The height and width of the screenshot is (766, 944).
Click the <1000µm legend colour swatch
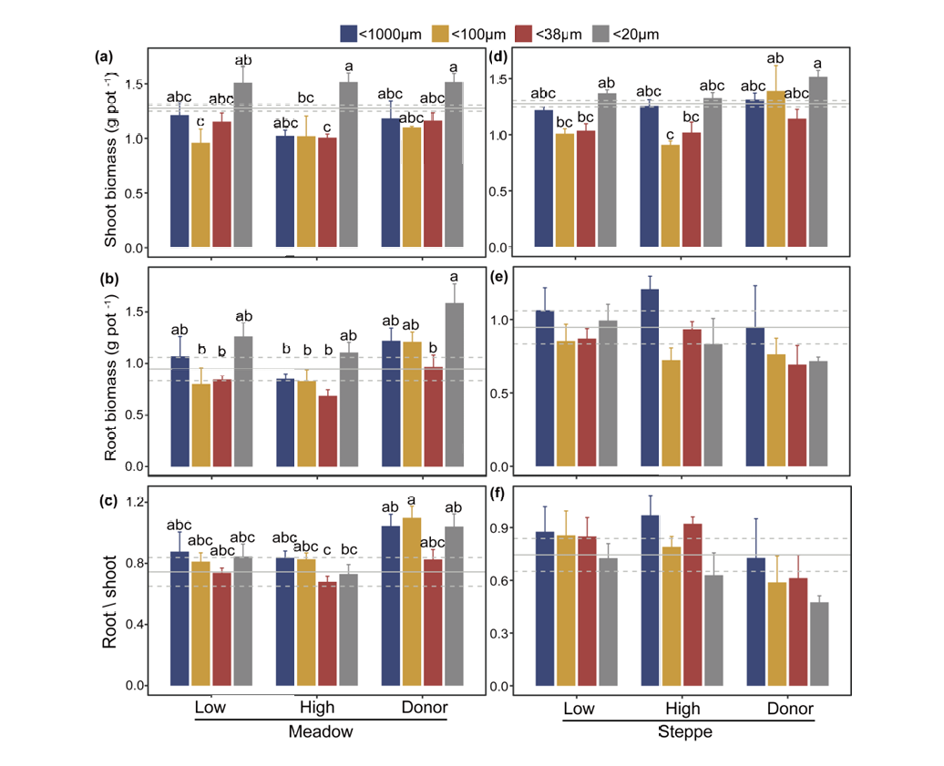pyautogui.click(x=348, y=34)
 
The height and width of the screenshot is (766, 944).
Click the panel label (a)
pyautogui.click(x=104, y=56)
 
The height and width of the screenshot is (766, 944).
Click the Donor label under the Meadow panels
pyautogui.click(x=425, y=709)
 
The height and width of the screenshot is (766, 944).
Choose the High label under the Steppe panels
pyautogui.click(x=683, y=709)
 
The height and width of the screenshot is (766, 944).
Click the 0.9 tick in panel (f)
pyautogui.click(x=500, y=527)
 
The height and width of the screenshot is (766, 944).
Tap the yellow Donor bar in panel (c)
pyautogui.click(x=412, y=601)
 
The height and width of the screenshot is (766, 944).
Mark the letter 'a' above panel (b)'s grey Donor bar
pyautogui.click(x=453, y=277)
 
